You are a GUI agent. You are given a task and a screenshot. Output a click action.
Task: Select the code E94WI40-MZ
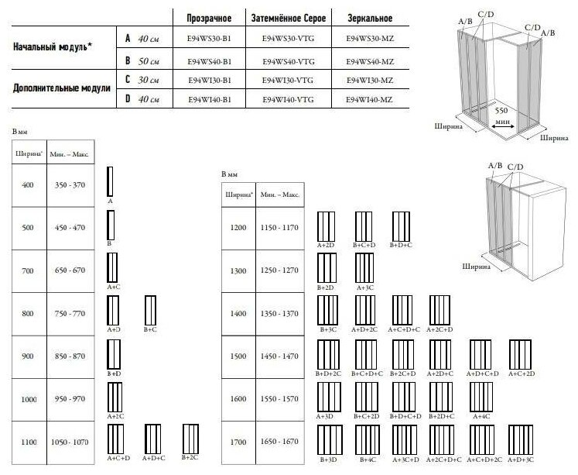(x=371, y=99)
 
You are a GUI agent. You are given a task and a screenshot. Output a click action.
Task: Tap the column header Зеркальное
(x=371, y=18)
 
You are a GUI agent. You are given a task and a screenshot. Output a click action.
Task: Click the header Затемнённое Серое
(x=289, y=18)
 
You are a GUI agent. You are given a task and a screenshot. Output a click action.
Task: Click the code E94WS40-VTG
(x=289, y=60)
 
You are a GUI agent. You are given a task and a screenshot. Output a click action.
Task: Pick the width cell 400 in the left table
(x=29, y=187)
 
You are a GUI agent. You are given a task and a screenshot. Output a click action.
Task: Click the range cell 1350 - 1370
(x=280, y=313)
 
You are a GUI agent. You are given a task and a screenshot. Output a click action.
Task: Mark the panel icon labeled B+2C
(x=190, y=439)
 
